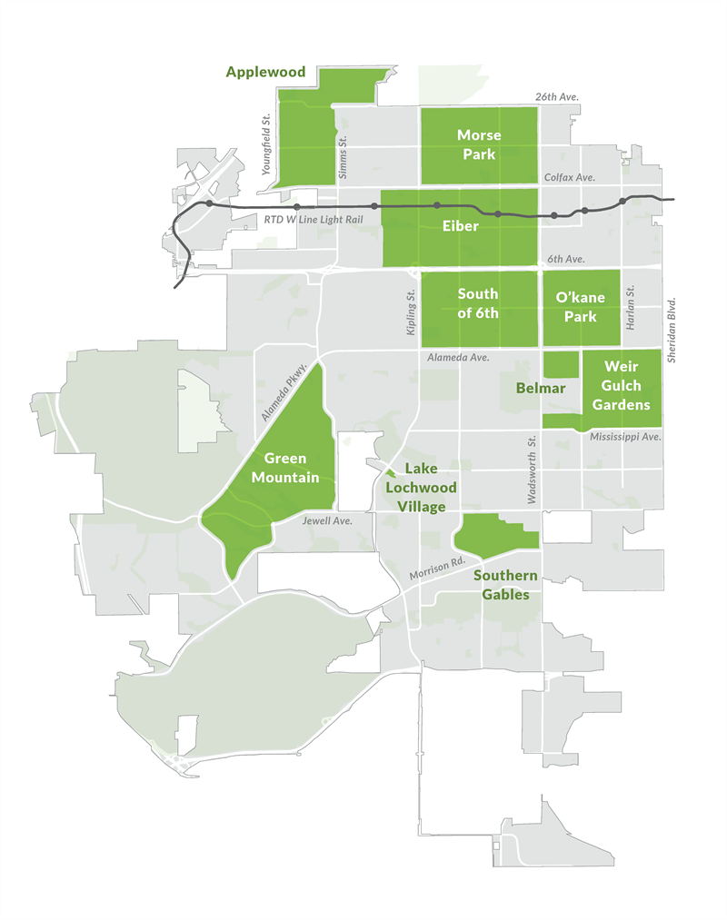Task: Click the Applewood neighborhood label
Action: (x=266, y=71)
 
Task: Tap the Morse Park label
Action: (x=478, y=144)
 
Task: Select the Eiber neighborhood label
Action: (x=460, y=225)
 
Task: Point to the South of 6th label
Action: (x=477, y=303)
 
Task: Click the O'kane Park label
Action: (x=581, y=306)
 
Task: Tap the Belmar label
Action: (x=542, y=388)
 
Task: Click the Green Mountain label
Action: (x=285, y=468)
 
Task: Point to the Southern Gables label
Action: (x=505, y=585)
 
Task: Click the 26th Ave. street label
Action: (x=556, y=96)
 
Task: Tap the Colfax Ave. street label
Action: (x=569, y=177)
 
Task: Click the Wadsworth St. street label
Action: (x=534, y=470)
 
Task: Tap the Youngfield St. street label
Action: (x=266, y=144)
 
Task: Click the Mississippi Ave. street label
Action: (x=625, y=437)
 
